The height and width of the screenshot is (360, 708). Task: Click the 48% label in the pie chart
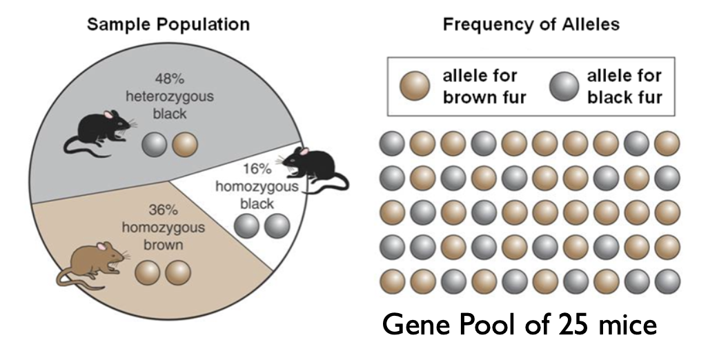pos(169,79)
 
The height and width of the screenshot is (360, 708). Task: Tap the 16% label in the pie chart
pos(257,169)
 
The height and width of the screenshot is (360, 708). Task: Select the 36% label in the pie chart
pos(163,210)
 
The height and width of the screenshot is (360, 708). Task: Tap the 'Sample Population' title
pos(168,24)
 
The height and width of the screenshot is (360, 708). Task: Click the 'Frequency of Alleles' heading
pos(531,24)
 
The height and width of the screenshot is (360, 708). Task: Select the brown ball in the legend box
pos(415,86)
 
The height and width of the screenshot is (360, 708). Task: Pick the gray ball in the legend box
pos(564,86)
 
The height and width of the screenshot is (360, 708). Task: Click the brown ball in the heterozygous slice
pos(185,145)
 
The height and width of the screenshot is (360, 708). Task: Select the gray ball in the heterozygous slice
pos(155,145)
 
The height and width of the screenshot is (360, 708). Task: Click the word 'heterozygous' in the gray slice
pos(169,97)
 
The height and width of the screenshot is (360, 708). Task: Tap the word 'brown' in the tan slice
pos(163,245)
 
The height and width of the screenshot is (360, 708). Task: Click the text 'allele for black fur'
pos(625,86)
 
